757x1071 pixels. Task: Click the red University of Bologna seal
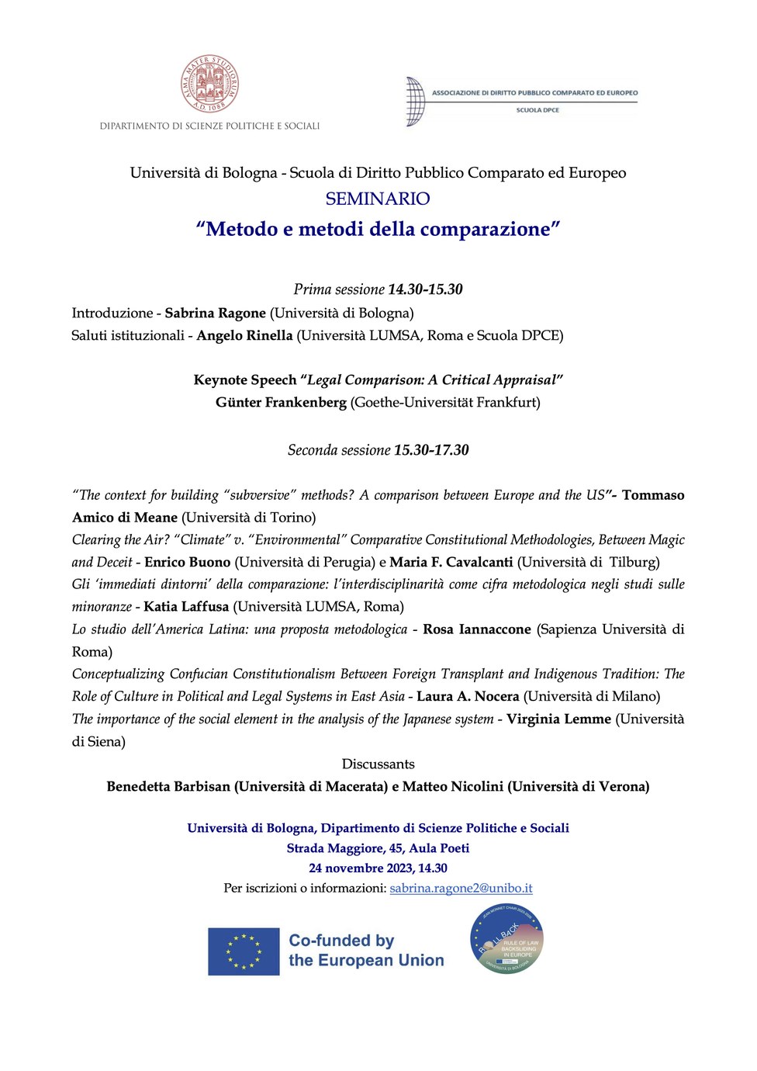point(209,83)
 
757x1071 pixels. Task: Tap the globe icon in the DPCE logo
point(416,101)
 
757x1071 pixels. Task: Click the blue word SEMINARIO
point(378,199)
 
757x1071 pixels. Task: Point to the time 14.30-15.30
point(425,289)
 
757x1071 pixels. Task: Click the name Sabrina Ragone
point(215,313)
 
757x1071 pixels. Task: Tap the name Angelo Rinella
point(244,335)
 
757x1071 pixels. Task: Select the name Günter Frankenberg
point(281,402)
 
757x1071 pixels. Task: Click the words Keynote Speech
point(245,380)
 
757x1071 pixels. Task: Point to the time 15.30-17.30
point(431,450)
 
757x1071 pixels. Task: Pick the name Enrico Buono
point(188,562)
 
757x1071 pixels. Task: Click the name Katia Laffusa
point(186,606)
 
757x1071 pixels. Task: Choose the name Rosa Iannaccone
point(477,629)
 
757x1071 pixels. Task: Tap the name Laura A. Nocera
point(468,696)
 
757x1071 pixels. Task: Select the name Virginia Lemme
point(558,719)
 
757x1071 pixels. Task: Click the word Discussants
point(378,764)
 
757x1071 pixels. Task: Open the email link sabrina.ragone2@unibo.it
point(461,888)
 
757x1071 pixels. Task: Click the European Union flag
point(244,951)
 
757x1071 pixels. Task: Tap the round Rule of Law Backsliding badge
point(507,940)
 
